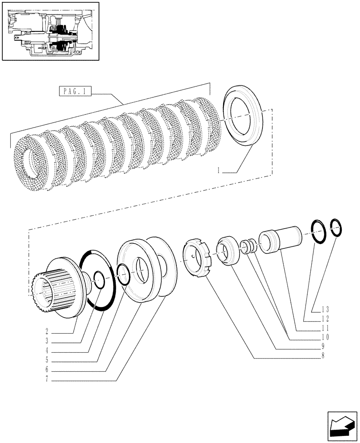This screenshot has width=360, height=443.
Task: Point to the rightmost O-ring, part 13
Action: pyautogui.click(x=337, y=228)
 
